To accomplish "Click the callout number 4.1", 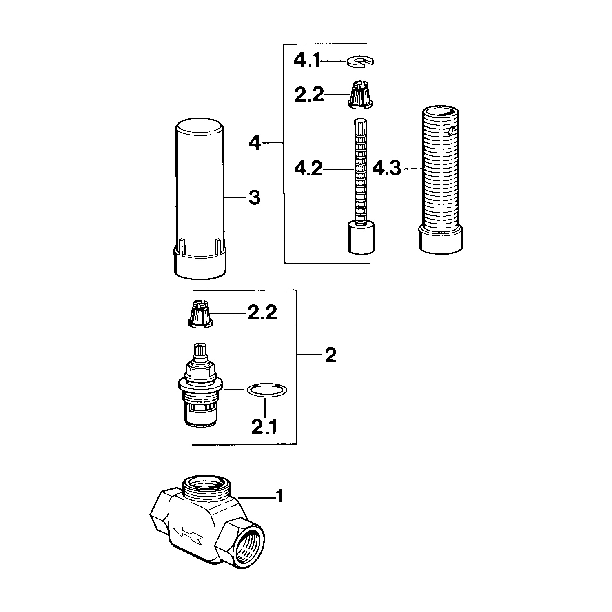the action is tap(307, 61).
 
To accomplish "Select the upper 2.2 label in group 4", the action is tap(309, 95).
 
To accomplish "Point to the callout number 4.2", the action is tap(308, 169).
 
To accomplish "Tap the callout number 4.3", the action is tap(387, 169).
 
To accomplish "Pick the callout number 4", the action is tap(255, 143).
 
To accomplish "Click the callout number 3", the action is tap(254, 198).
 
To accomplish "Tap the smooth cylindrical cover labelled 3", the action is tap(200, 200).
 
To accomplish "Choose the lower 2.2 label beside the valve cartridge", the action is tap(262, 313).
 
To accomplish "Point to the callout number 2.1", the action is tap(264, 427).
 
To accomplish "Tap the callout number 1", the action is tap(279, 497).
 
